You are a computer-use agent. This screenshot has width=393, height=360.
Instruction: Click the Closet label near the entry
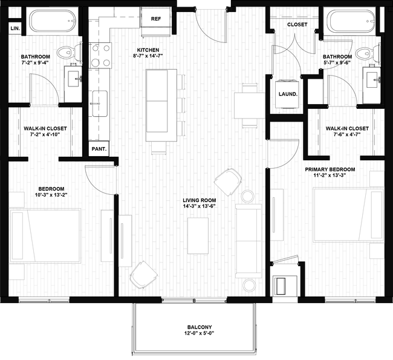pyautogui.click(x=297, y=25)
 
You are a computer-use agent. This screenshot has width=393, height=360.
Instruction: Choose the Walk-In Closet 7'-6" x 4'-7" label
pyautogui.click(x=346, y=131)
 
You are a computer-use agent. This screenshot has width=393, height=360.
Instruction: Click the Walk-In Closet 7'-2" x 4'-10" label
pyautogui.click(x=45, y=131)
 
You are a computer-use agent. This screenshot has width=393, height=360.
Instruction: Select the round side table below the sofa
pyautogui.click(x=248, y=284)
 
